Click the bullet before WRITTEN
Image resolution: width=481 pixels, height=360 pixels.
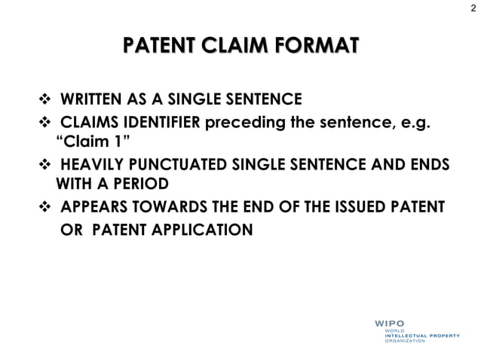pyautogui.click(x=43, y=99)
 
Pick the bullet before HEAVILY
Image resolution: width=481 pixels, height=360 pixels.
pyautogui.click(x=43, y=164)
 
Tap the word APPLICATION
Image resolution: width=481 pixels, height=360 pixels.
pyautogui.click(x=204, y=228)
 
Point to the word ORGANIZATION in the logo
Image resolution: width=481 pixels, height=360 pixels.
pyautogui.click(x=404, y=340)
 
